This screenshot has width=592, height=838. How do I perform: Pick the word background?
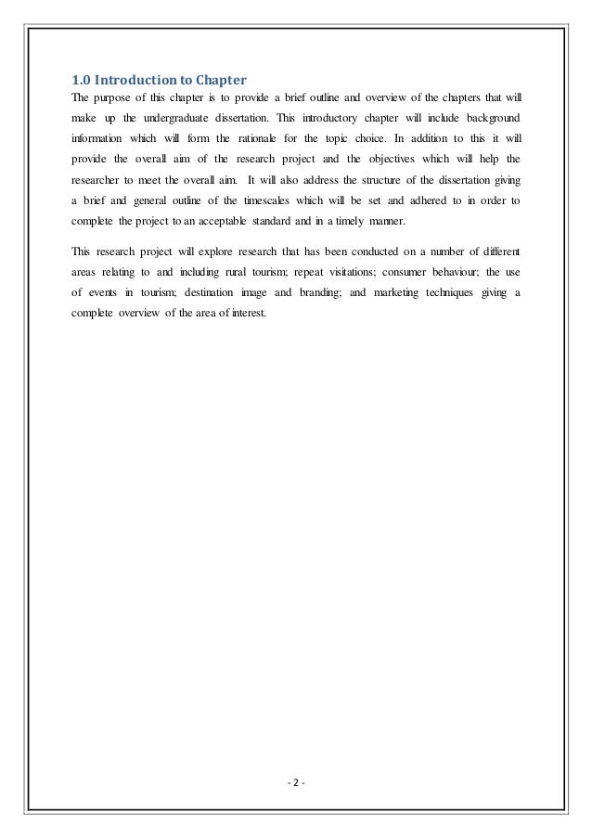490,120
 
